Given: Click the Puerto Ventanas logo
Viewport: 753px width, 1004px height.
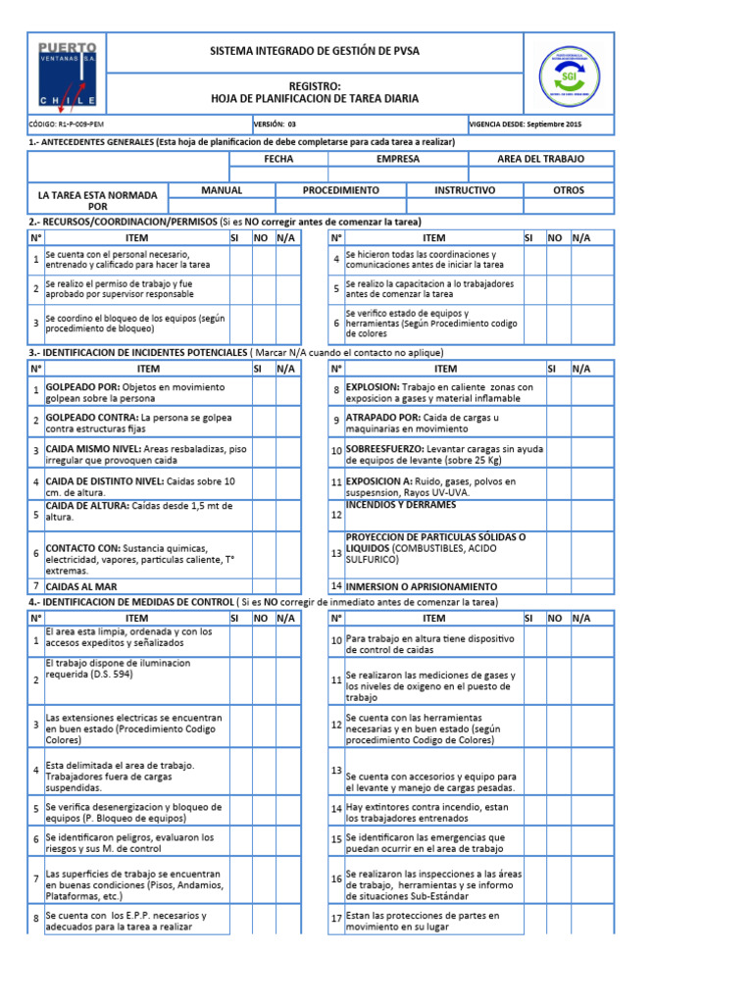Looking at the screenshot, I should (67, 74).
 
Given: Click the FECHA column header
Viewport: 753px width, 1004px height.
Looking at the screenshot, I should (278, 159).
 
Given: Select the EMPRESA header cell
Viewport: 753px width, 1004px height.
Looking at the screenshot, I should (397, 159).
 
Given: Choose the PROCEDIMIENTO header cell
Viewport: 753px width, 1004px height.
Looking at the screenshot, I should (340, 190).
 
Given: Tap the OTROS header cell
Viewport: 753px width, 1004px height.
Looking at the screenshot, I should (568, 190).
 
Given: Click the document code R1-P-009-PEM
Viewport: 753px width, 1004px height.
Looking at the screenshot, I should (68, 125).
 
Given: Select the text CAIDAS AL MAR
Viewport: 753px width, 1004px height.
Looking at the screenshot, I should (83, 585).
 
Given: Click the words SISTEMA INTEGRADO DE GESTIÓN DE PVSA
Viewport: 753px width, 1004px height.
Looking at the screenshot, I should (315, 51).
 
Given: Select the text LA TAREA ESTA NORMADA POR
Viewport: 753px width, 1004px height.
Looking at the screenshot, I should (98, 201).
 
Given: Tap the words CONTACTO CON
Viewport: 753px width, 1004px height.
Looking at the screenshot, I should (82, 547).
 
